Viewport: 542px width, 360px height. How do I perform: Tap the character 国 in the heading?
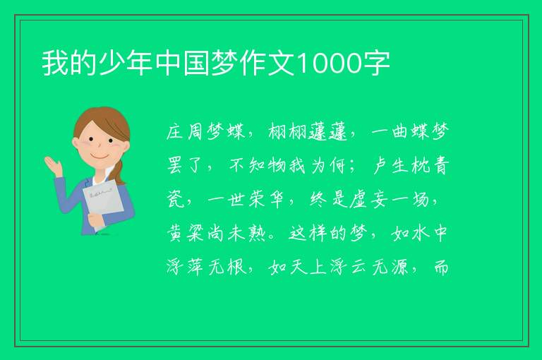tap(196, 64)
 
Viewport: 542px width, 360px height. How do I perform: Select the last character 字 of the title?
tap(378, 64)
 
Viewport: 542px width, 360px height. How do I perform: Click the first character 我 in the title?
tap(55, 64)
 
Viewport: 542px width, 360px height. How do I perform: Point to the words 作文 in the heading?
tap(267, 64)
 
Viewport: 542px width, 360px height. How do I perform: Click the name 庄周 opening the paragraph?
tap(185, 131)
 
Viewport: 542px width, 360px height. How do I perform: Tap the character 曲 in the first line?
tap(400, 131)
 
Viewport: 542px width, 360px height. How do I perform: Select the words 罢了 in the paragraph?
tap(185, 165)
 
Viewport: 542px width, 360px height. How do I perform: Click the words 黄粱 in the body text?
tap(185, 233)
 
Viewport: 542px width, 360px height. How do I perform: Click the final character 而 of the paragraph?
tap(441, 267)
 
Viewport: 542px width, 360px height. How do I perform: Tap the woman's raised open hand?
tap(53, 166)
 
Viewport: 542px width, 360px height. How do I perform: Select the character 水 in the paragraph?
tap(421, 233)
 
